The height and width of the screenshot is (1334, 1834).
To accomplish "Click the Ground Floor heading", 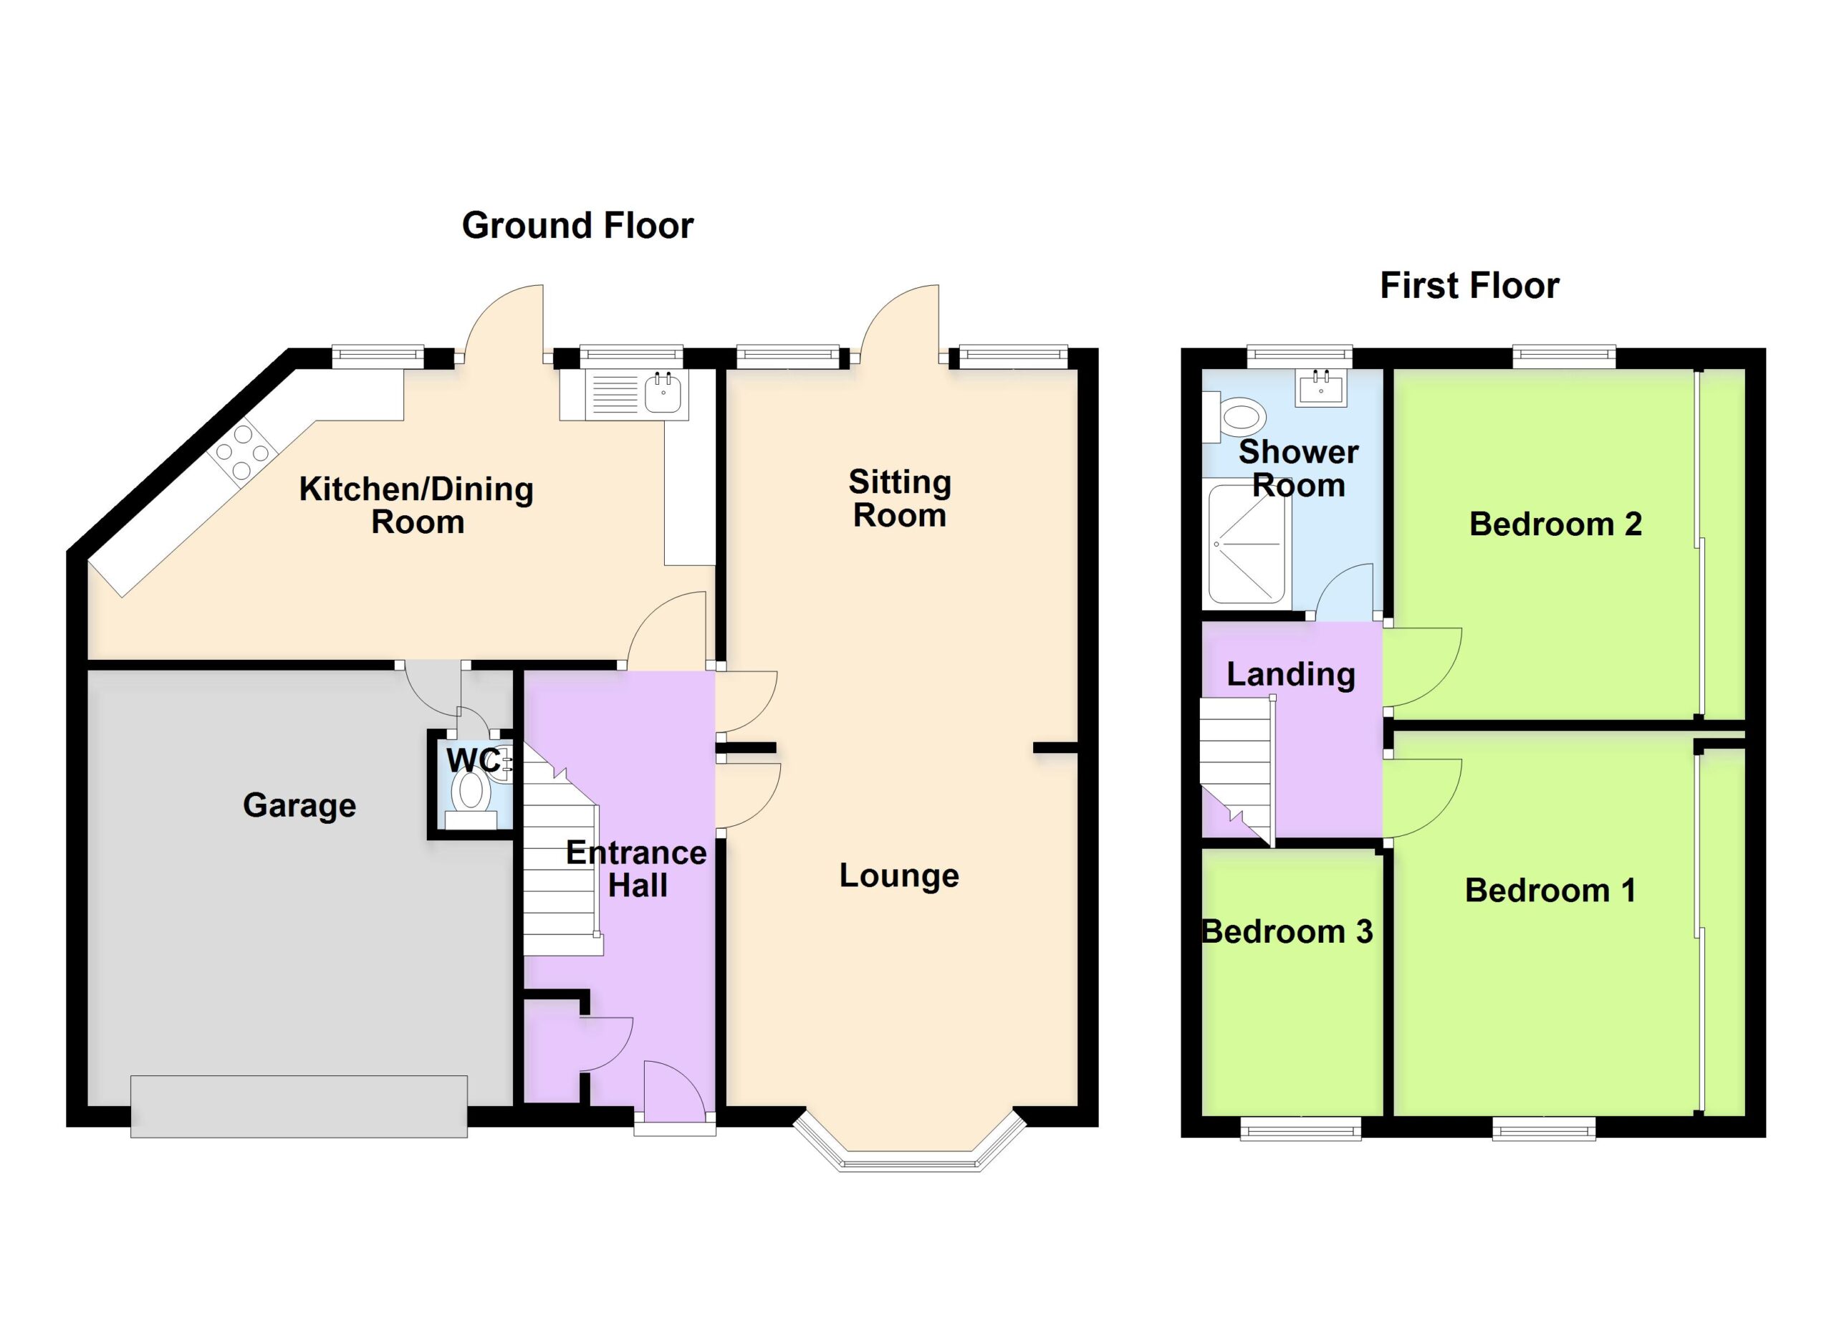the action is pyautogui.click(x=577, y=226).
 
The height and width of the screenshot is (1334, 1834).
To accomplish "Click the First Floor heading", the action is pyautogui.click(x=1469, y=285).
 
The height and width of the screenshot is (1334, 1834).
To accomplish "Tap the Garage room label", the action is pyautogui.click(x=299, y=806).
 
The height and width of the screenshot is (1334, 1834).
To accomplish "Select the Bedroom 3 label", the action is pyautogui.click(x=1287, y=931).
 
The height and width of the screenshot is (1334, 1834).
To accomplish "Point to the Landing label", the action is pyautogui.click(x=1290, y=674).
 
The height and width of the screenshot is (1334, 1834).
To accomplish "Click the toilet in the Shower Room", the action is pyautogui.click(x=1234, y=417).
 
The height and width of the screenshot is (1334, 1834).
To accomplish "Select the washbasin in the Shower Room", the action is pyautogui.click(x=1321, y=388).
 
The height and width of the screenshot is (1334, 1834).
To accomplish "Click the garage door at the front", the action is pyautogui.click(x=299, y=1106).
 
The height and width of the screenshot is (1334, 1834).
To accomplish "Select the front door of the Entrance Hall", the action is pyautogui.click(x=674, y=1093).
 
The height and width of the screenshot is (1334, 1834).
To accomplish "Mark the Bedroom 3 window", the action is pyautogui.click(x=1300, y=1128).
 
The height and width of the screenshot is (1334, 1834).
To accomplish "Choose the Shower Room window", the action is pyautogui.click(x=1300, y=357).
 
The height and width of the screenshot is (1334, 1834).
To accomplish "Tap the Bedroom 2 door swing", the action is pyautogui.click(x=1422, y=668).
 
